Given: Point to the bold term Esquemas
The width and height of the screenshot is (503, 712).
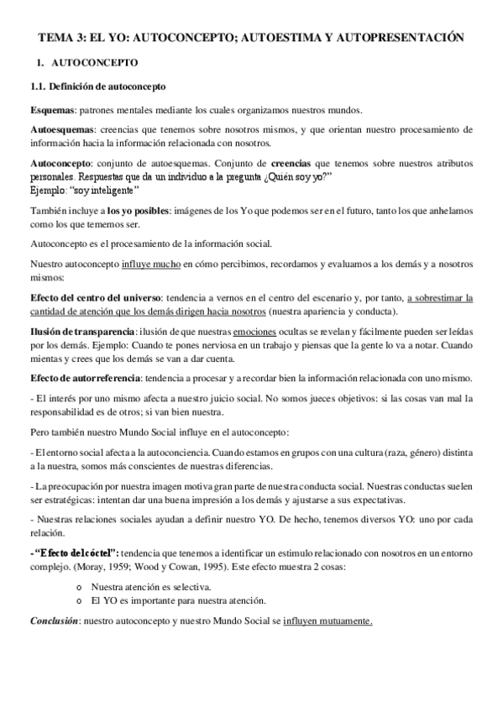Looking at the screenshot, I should [x=52, y=110].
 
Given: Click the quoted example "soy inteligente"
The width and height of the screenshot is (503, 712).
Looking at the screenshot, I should [x=103, y=190].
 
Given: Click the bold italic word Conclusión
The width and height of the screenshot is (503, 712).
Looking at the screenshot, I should [x=54, y=620].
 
